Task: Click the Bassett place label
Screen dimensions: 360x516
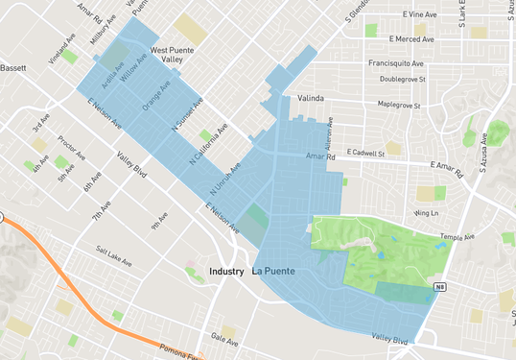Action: pyautogui.click(x=13, y=69)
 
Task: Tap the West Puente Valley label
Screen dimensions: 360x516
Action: pyautogui.click(x=173, y=55)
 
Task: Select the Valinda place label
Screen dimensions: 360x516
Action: pyautogui.click(x=312, y=99)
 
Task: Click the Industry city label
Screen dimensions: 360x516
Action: pyautogui.click(x=225, y=273)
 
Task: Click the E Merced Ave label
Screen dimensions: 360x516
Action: pyautogui.click(x=414, y=38)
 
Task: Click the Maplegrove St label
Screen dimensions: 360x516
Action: pyautogui.click(x=399, y=104)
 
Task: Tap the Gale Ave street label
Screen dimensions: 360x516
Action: pyautogui.click(x=223, y=340)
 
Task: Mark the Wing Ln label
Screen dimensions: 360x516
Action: pyautogui.click(x=427, y=213)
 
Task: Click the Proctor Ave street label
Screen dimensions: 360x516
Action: pyautogui.click(x=67, y=150)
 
